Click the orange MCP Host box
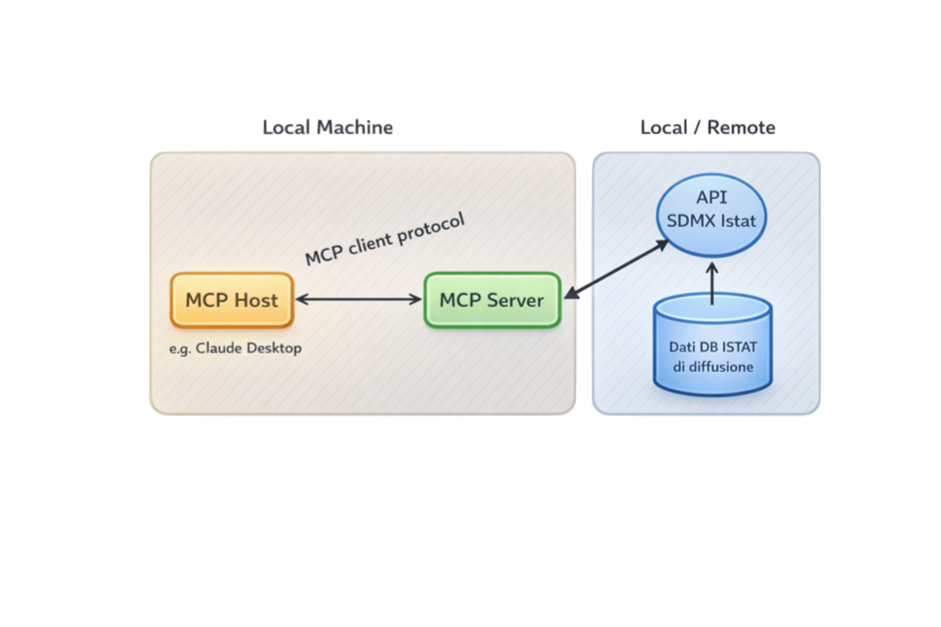coord(232,300)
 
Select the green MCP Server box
coord(492,300)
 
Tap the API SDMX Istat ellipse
coord(712,210)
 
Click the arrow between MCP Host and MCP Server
coord(358,299)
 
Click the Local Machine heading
coord(327,128)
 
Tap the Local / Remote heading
coord(708,128)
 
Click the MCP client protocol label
coord(385,239)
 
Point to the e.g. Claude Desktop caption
coord(235,349)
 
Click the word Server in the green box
coord(516,300)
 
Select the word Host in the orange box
coord(255,300)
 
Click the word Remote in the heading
coord(741,128)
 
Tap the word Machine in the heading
coord(355,128)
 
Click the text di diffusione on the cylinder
coord(712,367)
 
